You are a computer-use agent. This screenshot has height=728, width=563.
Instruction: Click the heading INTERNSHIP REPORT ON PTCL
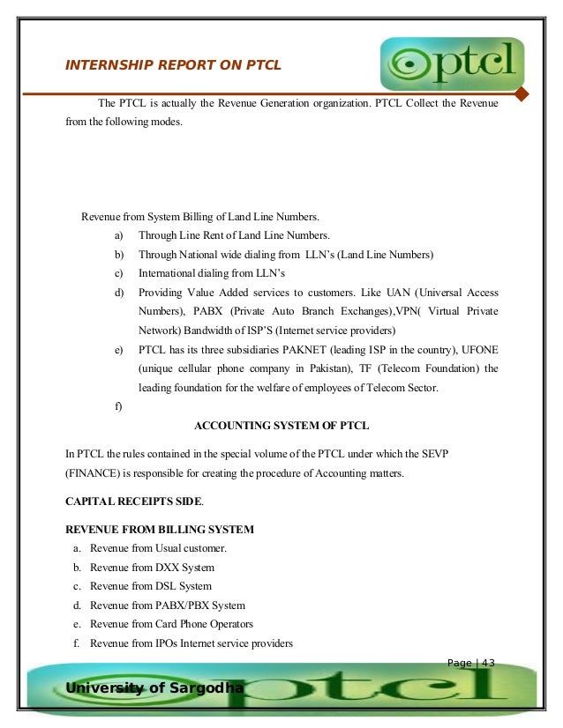click(173, 64)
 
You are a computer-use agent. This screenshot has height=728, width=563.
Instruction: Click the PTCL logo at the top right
click(452, 64)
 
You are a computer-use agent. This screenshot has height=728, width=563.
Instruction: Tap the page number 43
click(484, 663)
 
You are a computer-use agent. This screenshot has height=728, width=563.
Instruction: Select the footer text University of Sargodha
click(154, 687)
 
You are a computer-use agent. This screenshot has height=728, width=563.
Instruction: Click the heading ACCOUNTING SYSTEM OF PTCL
click(281, 427)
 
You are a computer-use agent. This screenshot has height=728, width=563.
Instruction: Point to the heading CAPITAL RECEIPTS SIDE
click(134, 501)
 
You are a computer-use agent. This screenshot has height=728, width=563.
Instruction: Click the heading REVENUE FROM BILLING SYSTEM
click(160, 530)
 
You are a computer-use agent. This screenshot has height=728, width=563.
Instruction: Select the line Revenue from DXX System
click(152, 568)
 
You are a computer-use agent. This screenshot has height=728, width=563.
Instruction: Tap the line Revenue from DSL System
click(151, 586)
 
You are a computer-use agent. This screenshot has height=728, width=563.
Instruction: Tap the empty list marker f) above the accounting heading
click(118, 407)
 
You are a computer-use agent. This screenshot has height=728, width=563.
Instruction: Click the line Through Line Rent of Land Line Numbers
click(234, 235)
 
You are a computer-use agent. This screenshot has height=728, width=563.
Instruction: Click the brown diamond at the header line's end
click(521, 94)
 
